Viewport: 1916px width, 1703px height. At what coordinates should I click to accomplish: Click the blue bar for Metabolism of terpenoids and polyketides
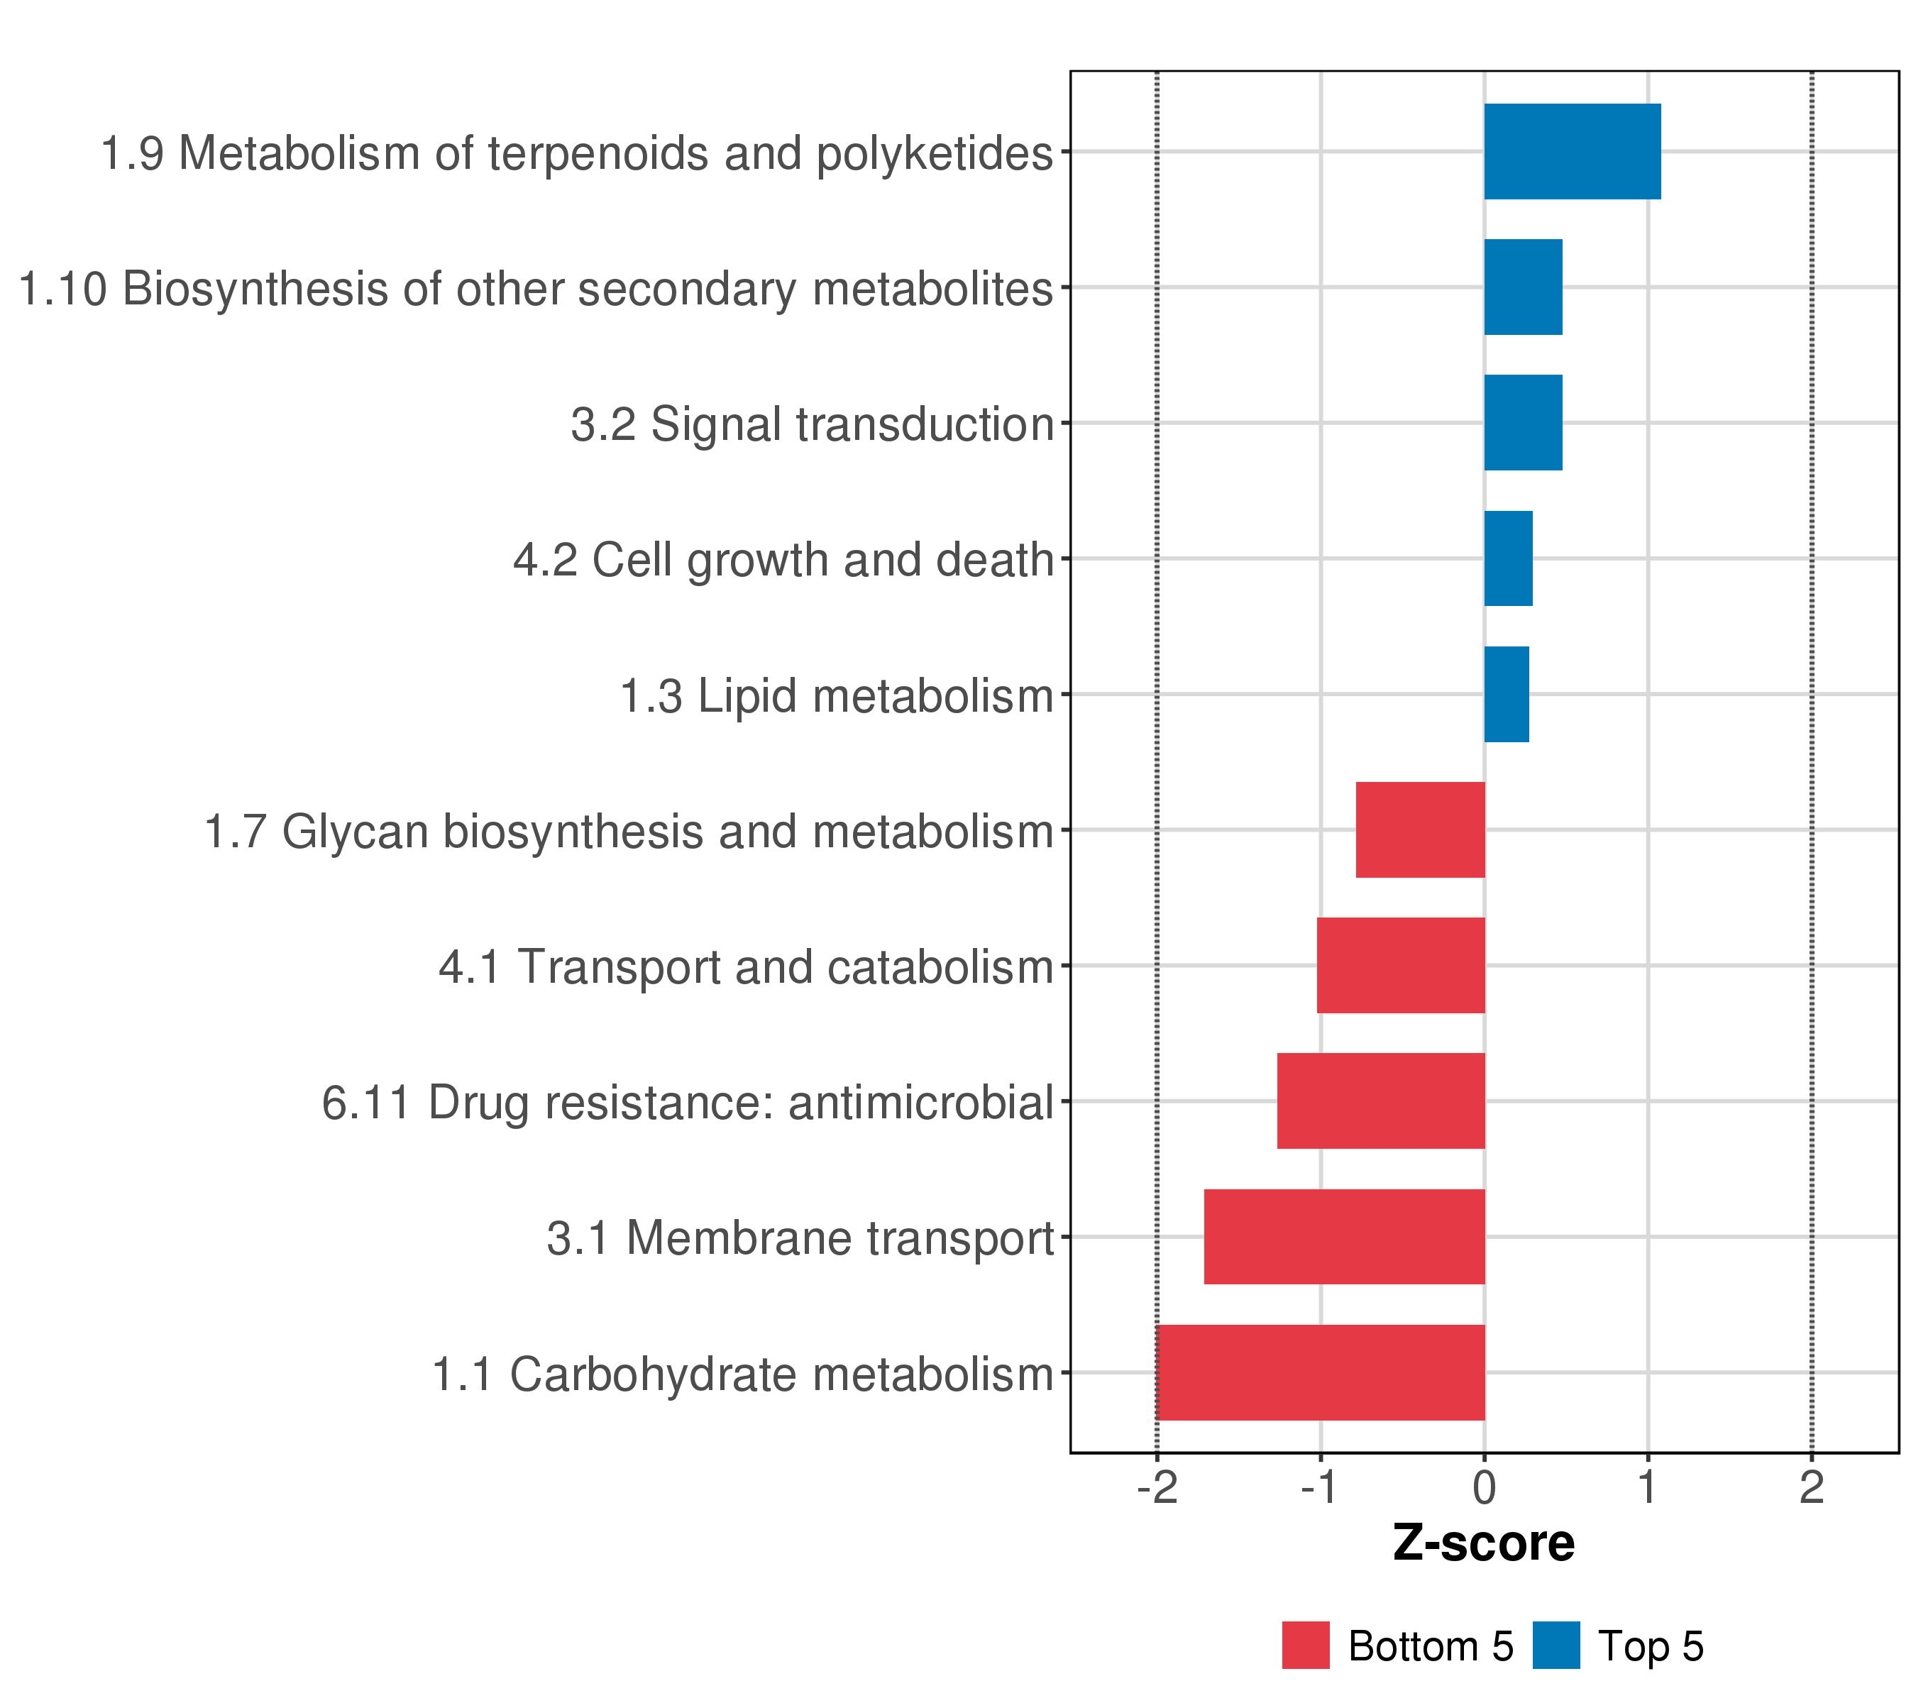point(1572,152)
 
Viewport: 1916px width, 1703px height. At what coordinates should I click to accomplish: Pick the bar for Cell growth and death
point(1507,558)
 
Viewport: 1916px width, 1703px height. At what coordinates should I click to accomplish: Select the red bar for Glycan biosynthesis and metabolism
point(1420,830)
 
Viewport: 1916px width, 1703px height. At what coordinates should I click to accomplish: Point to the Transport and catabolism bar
point(1400,965)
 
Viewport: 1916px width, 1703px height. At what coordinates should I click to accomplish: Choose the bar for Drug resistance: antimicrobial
point(1381,1101)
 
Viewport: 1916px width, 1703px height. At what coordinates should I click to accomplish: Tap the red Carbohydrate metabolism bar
point(1321,1372)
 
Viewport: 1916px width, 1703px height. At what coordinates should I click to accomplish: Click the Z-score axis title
point(1484,1543)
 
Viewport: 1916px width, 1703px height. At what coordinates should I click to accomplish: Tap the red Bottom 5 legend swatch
point(1306,1646)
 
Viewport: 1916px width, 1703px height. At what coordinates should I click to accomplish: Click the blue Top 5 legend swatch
point(1556,1646)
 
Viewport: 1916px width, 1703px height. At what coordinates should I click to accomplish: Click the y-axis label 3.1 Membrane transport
point(800,1238)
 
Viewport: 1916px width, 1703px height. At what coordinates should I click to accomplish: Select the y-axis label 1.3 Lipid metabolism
point(837,696)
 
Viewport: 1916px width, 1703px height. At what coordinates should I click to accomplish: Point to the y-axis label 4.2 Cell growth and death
point(783,561)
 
